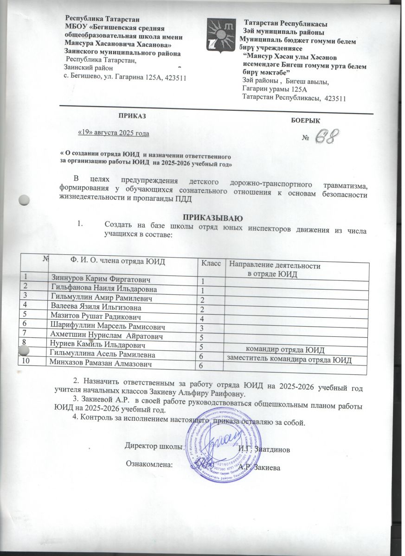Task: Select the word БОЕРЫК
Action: pyautogui.click(x=305, y=120)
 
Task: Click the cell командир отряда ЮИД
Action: pyautogui.click(x=284, y=349)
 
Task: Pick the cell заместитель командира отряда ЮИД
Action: pyautogui.click(x=288, y=359)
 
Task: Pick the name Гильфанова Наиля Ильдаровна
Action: pyautogui.click(x=103, y=289)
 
